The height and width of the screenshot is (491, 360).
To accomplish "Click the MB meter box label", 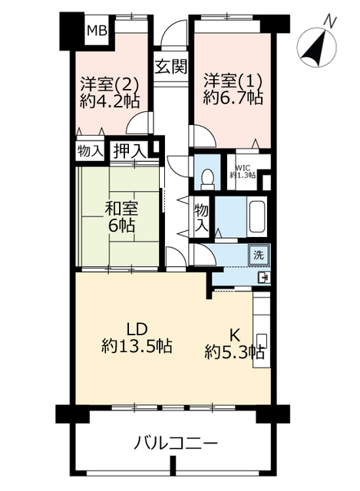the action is click(x=97, y=31).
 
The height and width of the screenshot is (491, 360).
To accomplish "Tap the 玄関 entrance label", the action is click(x=171, y=67).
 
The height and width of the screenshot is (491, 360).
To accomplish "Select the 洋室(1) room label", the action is click(x=233, y=82).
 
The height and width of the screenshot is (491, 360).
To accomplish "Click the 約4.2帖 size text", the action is click(x=109, y=101).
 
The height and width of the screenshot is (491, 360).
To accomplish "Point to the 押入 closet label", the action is click(x=130, y=151).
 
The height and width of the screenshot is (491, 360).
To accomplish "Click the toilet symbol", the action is click(x=208, y=179).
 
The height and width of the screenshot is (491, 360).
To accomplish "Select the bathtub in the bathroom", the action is click(x=256, y=217).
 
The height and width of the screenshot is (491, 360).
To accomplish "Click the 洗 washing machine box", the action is click(x=259, y=255).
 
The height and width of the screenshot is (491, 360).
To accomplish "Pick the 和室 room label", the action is click(x=121, y=209).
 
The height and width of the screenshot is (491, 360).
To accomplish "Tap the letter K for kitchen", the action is click(x=235, y=336).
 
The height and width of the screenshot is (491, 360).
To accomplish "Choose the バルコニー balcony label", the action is click(x=176, y=443).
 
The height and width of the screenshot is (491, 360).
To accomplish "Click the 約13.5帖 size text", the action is click(x=137, y=346).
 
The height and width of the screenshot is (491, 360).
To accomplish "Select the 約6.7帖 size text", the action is click(x=233, y=99).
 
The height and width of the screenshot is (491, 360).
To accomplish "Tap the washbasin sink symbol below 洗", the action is click(x=263, y=278).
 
